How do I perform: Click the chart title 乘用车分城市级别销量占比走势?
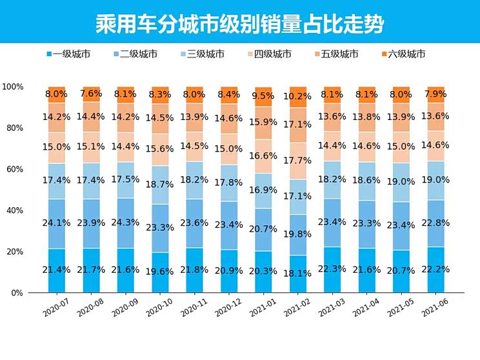click(x=239, y=24)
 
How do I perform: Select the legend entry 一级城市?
click(x=71, y=54)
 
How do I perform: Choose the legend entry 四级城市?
click(x=272, y=54)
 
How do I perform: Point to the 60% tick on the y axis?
click(x=13, y=169)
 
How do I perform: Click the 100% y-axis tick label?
click(x=13, y=86)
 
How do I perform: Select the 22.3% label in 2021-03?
click(x=332, y=269)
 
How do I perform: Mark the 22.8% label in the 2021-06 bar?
click(x=436, y=223)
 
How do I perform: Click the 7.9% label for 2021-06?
click(x=436, y=94)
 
